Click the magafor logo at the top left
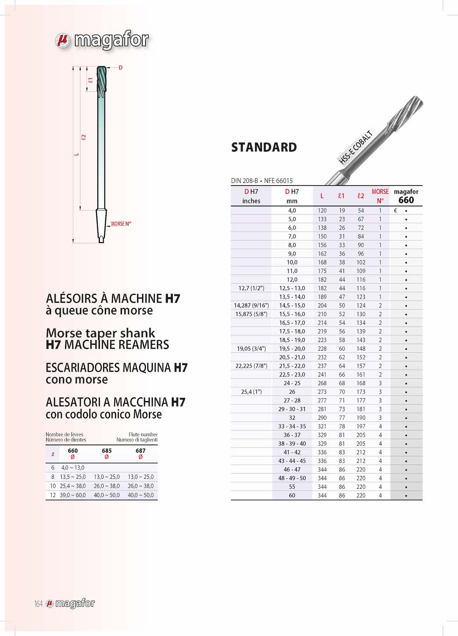click(102, 40)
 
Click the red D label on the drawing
click(121, 68)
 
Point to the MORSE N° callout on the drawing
click(121, 224)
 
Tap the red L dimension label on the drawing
click(77, 154)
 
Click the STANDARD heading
click(264, 148)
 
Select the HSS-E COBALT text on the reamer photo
click(356, 148)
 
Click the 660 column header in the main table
click(406, 200)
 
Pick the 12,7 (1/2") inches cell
click(251, 288)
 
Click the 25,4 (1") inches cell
click(251, 392)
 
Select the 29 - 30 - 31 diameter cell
click(292, 409)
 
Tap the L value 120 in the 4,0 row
click(322, 210)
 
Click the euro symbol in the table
click(395, 210)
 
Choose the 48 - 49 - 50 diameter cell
click(292, 478)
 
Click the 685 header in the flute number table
click(107, 450)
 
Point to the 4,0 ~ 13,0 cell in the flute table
click(73, 467)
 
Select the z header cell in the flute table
click(53, 454)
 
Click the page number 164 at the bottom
click(38, 604)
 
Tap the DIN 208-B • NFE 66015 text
click(262, 181)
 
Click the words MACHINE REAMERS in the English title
click(116, 345)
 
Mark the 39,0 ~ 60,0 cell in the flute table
click(73, 495)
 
